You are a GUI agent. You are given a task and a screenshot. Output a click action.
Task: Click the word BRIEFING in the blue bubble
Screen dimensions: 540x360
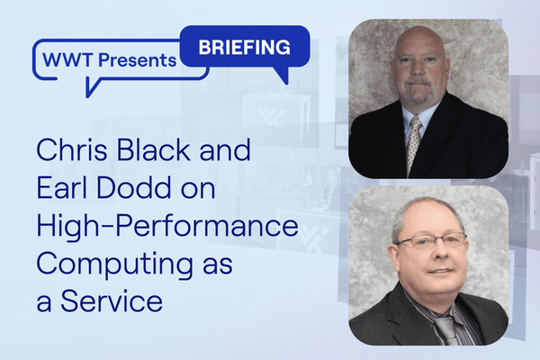244,47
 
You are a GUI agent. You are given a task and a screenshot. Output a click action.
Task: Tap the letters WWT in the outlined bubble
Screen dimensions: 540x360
67,60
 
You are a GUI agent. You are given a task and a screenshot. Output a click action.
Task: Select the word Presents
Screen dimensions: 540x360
138,60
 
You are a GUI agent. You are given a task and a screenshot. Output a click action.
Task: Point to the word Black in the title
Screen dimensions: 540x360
154,150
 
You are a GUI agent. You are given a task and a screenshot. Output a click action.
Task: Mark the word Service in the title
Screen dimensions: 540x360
112,301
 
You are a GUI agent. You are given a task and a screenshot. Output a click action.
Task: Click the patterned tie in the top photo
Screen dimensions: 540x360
413,144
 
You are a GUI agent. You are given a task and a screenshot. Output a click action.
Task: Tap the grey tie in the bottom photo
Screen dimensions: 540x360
445,330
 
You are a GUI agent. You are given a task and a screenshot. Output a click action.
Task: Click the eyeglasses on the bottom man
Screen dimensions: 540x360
432,241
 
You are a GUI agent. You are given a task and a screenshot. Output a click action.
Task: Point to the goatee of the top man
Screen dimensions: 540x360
418,92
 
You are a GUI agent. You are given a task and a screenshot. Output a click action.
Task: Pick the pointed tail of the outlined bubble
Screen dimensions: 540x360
91,87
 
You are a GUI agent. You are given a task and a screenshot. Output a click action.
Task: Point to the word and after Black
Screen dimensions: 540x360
225,150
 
